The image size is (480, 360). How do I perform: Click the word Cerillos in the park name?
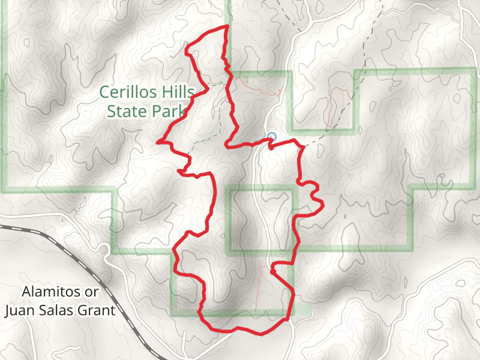tap(130, 93)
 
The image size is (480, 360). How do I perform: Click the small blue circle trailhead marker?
tap(271, 136)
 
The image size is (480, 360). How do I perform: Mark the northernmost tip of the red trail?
tap(227, 27)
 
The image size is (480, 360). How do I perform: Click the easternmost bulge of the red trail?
tap(323, 205)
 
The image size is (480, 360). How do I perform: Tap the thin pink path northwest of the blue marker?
tap(252, 87)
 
